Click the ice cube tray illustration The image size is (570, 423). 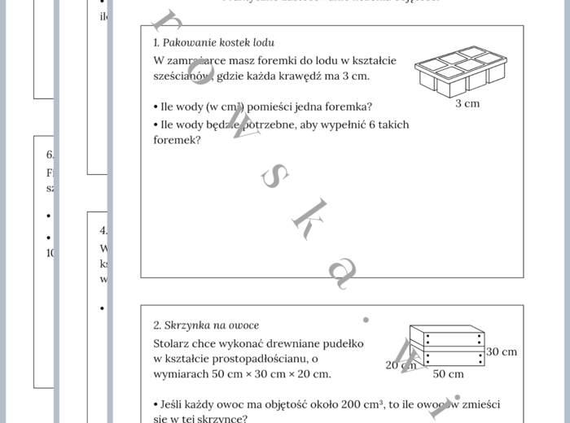pyautogui.click(x=461, y=71)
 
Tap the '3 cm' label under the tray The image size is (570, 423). pyautogui.click(x=467, y=103)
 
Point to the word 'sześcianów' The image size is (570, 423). pyautogui.click(x=181, y=76)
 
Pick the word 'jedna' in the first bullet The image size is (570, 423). pyautogui.click(x=298, y=107)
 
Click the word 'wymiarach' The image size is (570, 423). pyautogui.click(x=182, y=373)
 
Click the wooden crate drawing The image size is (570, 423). pyautogui.click(x=446, y=346)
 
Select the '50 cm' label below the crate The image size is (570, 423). pyautogui.click(x=448, y=374)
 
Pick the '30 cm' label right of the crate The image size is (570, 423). pyautogui.click(x=502, y=351)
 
